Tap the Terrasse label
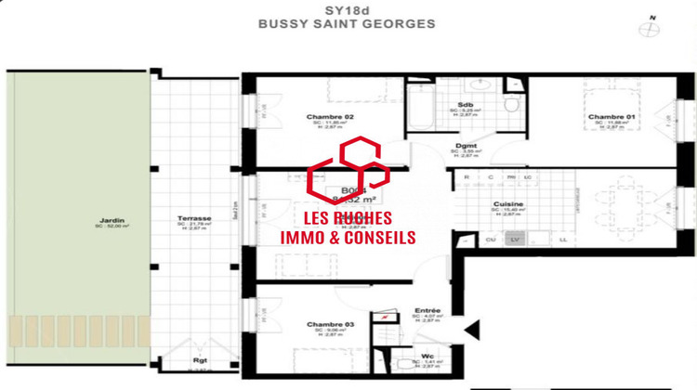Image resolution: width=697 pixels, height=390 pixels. tap(196, 219)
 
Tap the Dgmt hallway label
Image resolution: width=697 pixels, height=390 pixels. tap(467, 147)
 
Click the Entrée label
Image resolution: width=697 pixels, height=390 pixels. tap(427, 310)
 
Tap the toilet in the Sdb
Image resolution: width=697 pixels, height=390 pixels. tap(510, 106)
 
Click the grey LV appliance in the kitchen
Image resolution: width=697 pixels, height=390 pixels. tap(514, 240)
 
